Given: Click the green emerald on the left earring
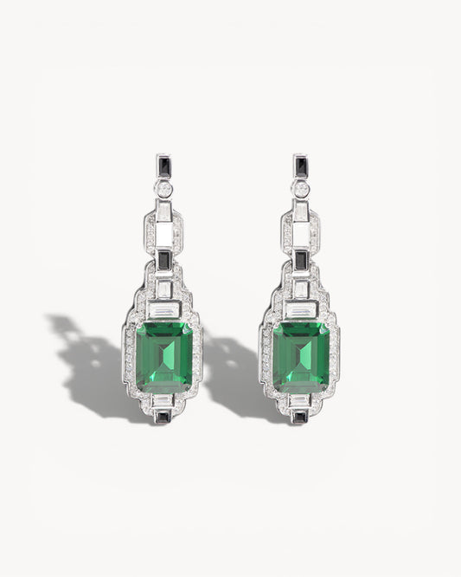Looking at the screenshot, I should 163,357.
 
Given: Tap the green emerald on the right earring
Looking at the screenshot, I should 300,357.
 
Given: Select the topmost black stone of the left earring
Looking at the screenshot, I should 163,165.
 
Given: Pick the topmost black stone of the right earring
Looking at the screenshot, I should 300,165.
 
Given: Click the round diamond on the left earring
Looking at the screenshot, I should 163,188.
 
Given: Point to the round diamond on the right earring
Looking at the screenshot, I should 300,188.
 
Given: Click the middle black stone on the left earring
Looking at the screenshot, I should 163,260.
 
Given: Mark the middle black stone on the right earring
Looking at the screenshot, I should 300,260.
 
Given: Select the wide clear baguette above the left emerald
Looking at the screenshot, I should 163,310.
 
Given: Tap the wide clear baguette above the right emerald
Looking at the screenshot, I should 300,310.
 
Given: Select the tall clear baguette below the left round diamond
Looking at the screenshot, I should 163,211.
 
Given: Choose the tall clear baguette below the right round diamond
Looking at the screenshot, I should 300,211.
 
